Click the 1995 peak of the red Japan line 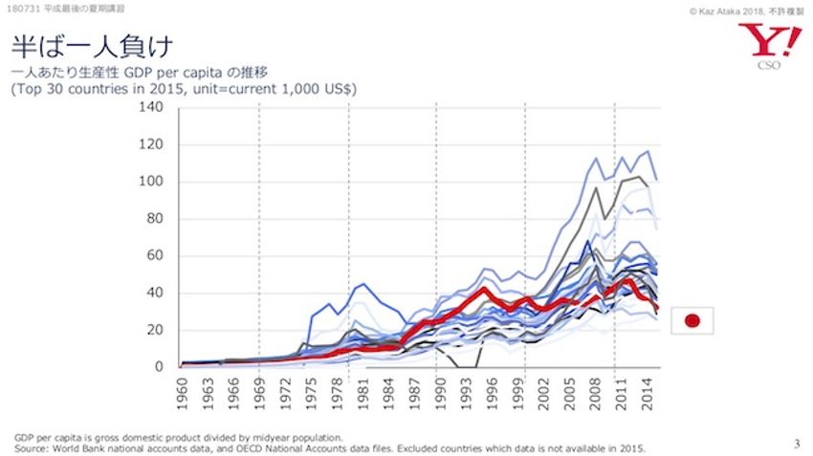[485, 289]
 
